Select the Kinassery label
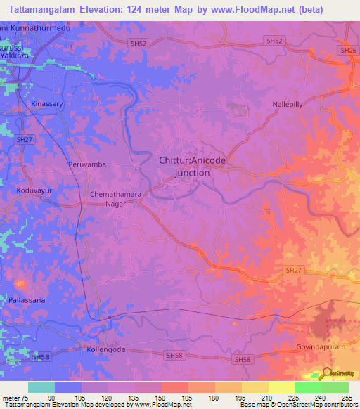pos(46,103)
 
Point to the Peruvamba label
pos(88,164)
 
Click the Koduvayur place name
pos(33,190)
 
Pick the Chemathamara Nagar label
pos(112,199)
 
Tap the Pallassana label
pos(27,300)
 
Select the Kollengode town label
pos(105,349)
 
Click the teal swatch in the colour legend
pos(41,387)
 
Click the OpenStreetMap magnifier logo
pos(326,375)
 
